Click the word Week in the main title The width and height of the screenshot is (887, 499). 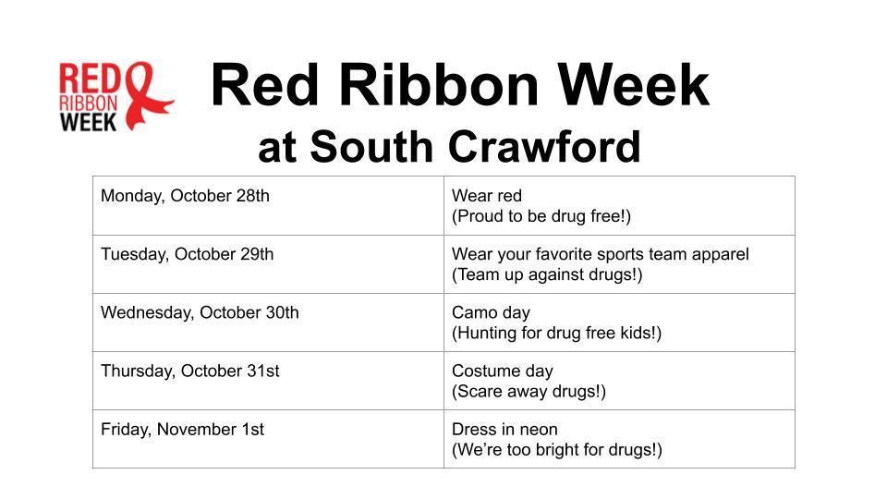[637, 85]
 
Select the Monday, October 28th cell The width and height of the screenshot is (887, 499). [185, 196]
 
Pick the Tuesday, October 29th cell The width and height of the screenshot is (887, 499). [187, 254]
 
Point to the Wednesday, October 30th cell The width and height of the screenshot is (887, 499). [200, 312]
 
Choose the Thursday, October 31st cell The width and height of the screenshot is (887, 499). [189, 371]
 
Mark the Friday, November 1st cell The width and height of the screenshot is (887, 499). [182, 429]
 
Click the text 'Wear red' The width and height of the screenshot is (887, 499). [487, 196]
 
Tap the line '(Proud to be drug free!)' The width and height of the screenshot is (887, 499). [541, 216]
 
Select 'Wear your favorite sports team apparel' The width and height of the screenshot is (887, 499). [600, 254]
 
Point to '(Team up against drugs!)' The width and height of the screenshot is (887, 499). [547, 274]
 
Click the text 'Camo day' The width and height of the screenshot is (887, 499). [491, 312]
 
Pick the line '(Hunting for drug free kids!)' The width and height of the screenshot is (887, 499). [556, 333]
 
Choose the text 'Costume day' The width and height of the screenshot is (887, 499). [502, 371]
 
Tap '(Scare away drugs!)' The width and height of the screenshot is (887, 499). [529, 391]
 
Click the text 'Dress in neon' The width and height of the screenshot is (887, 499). [504, 429]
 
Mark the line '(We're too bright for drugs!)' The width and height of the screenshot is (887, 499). [556, 450]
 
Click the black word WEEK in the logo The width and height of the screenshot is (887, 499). [89, 122]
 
